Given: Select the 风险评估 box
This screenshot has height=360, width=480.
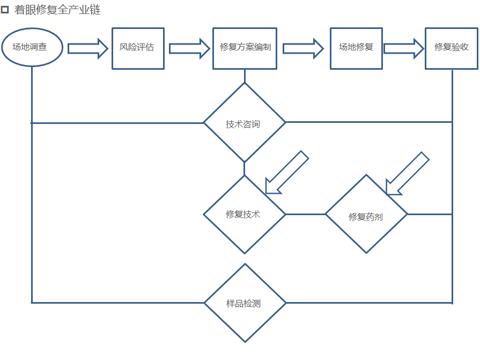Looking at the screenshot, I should [x=138, y=48].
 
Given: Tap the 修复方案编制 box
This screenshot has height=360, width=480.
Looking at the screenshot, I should [x=245, y=48].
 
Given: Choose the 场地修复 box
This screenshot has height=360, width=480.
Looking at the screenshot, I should [x=356, y=48].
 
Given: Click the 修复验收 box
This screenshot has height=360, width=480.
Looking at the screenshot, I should [x=451, y=48].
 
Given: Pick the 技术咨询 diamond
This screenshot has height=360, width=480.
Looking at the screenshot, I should [x=245, y=123].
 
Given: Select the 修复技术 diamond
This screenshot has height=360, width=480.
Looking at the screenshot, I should [x=245, y=214].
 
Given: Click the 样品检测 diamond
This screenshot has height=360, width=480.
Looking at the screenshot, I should [x=245, y=303].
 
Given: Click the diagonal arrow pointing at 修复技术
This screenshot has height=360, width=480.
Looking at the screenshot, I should [x=287, y=172].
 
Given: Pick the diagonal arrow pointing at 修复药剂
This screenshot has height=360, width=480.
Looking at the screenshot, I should [x=408, y=173].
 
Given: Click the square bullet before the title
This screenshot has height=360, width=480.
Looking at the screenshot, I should [x=5, y=10].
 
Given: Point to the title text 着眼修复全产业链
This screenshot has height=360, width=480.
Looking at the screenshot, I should [x=57, y=10].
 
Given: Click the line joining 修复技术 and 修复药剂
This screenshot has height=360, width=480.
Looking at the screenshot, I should [x=305, y=214].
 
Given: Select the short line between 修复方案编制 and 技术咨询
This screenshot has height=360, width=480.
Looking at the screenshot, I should [x=245, y=76].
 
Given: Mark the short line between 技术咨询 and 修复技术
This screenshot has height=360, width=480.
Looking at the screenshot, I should [x=245, y=168].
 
